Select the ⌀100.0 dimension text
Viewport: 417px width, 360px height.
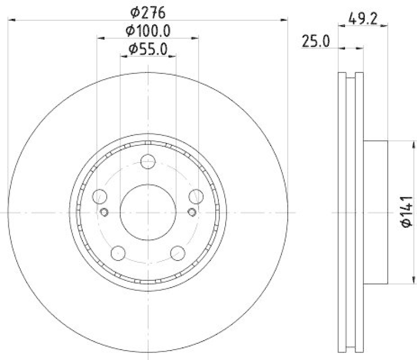[148, 30]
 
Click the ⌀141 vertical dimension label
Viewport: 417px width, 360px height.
[407, 213]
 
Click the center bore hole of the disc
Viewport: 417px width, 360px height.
[148, 213]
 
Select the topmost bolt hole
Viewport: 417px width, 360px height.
[148, 162]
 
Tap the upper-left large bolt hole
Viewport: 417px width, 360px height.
[99, 196]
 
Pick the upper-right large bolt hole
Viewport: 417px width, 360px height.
[196, 196]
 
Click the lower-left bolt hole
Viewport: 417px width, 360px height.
[118, 253]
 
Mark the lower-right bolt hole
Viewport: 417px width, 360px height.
[178, 253]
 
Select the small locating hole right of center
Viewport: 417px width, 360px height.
[192, 212]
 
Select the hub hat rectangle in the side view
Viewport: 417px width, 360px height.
[375, 213]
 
